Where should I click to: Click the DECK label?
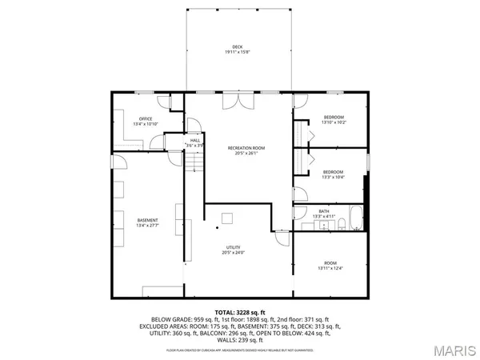[x=238, y=47]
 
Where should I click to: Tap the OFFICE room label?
[x=146, y=119]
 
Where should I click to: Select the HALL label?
[x=194, y=140]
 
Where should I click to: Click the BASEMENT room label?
[x=147, y=220]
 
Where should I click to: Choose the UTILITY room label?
[x=233, y=248]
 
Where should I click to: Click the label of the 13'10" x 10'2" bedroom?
[x=333, y=118]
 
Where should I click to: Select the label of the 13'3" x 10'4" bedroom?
[x=333, y=172]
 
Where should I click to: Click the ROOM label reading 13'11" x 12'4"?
[x=330, y=263]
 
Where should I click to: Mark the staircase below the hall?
[x=195, y=163]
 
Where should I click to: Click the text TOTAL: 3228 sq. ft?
[x=239, y=311]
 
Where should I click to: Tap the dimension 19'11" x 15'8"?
[x=238, y=53]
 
